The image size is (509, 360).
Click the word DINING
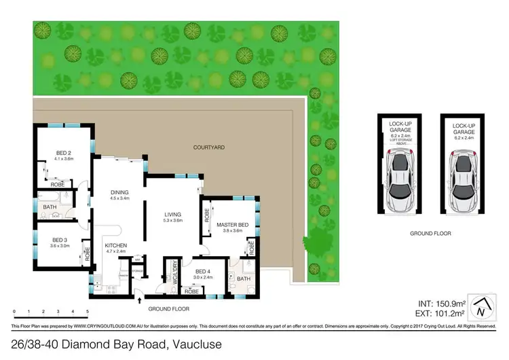coord(119,192)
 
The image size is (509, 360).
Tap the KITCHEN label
coord(115,245)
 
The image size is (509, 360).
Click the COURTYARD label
coord(208,147)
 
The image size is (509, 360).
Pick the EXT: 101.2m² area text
coord(438,314)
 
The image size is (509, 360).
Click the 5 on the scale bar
coord(88,312)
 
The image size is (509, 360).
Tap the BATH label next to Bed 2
coord(49,206)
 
